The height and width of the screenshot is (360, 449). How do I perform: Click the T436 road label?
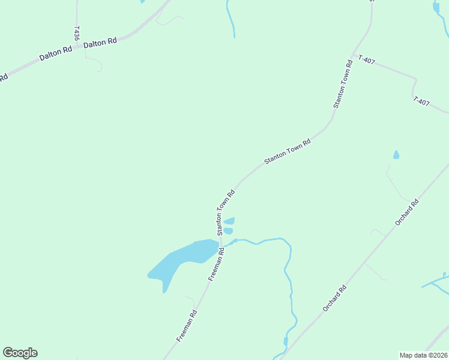[x=77, y=33]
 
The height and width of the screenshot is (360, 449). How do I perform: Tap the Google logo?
[x=20, y=353]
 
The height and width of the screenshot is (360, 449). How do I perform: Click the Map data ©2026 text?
[x=423, y=355]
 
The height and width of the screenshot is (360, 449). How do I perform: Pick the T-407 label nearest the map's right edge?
[x=421, y=102]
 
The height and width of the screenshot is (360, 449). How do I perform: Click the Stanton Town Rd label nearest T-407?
[x=342, y=84]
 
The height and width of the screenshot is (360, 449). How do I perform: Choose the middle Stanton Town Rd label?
[x=288, y=152]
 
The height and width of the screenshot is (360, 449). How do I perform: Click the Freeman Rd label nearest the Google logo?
[x=187, y=326]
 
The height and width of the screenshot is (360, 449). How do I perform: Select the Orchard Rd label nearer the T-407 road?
[x=406, y=212]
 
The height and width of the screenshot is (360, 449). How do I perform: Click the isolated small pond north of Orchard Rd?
[x=396, y=155]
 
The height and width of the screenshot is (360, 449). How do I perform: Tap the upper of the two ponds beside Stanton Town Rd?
[x=229, y=221]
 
